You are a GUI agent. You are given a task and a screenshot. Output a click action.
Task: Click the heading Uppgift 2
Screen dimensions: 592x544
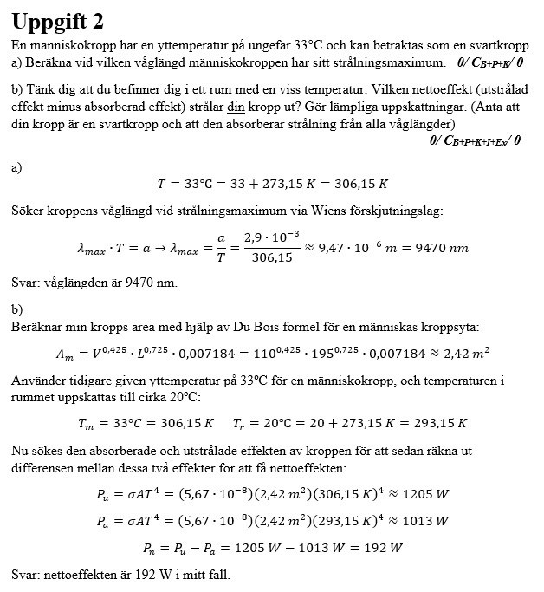click(x=65, y=20)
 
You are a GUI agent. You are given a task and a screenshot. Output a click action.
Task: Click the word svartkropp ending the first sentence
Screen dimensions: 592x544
click(x=498, y=44)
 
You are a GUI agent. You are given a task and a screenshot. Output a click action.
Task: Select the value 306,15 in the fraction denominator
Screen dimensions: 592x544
click(x=269, y=258)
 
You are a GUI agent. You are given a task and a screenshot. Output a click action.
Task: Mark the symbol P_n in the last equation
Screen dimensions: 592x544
click(x=152, y=548)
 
